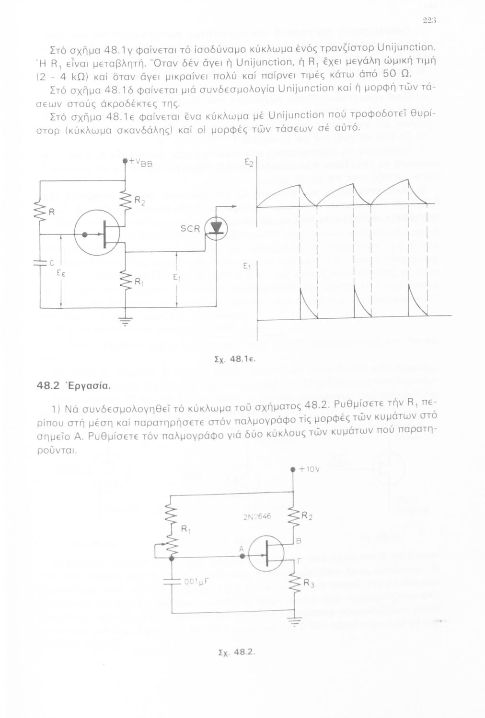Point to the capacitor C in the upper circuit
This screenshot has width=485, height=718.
[x=41, y=263]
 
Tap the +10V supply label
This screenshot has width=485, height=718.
[x=307, y=470]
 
